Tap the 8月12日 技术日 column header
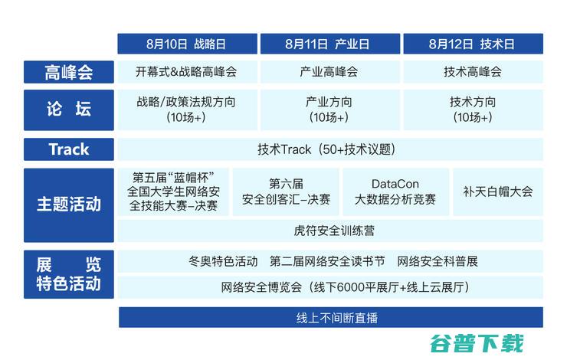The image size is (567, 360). coord(472,44)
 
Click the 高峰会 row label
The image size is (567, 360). coord(68,73)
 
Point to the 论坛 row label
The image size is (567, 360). coord(68,110)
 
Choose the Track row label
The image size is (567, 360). coord(68,149)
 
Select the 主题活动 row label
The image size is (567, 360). coord(68,205)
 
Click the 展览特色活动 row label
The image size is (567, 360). coord(68,274)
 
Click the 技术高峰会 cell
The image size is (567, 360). coord(472,73)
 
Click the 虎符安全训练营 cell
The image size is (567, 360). coord(330,230)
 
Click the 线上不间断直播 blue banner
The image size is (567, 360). coord(330,318)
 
